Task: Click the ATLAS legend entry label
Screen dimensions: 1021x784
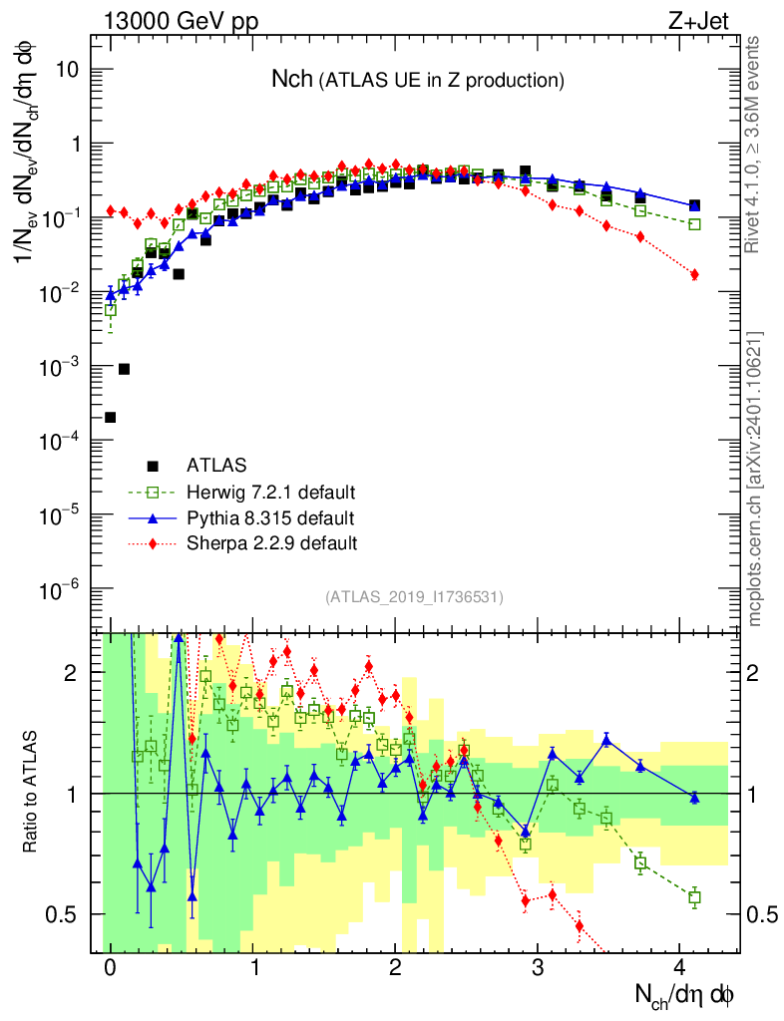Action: click(216, 465)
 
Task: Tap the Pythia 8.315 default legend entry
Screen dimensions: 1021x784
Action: click(270, 517)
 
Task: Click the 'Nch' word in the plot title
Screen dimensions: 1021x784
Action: click(292, 79)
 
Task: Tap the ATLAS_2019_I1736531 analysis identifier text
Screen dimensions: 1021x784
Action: click(414, 597)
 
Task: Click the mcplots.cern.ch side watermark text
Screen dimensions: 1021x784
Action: click(755, 479)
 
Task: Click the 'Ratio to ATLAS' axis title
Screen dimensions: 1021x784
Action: click(32, 793)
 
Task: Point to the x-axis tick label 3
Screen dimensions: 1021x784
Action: click(538, 967)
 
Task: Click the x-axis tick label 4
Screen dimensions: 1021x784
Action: click(680, 967)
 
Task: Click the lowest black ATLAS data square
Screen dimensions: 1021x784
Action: click(110, 417)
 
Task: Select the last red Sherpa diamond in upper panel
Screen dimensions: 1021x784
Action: click(694, 274)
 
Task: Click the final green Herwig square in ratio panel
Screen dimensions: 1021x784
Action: click(694, 897)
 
